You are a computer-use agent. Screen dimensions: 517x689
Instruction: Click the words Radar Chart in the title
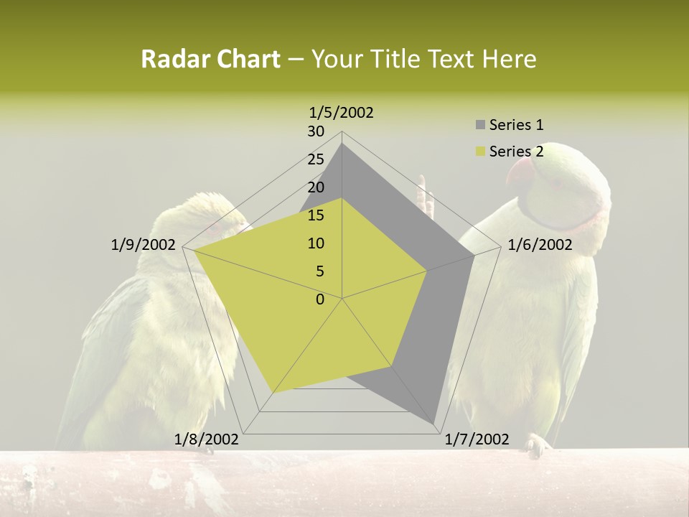[210, 59]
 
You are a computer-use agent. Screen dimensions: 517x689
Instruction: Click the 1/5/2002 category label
[342, 112]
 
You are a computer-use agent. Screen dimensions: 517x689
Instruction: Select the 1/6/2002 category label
[540, 245]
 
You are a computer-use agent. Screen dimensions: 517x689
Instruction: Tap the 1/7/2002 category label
[477, 439]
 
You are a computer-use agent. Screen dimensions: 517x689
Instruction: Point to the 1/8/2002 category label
[207, 439]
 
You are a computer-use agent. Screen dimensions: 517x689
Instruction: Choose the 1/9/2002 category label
[144, 245]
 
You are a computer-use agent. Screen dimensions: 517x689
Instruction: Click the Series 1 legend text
[516, 125]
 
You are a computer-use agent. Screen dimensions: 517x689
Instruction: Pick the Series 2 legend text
[516, 152]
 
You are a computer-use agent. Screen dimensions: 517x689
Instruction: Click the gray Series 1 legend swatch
[480, 126]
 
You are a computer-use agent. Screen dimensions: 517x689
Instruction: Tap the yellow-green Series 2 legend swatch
[480, 152]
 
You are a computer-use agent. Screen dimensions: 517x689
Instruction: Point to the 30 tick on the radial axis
[316, 131]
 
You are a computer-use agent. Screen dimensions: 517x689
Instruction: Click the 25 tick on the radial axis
[316, 159]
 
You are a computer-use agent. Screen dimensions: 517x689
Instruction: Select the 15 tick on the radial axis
[316, 215]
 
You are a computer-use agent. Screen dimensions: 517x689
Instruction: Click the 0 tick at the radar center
[320, 299]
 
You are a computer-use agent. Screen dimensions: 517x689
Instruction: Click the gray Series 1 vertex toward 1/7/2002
[433, 424]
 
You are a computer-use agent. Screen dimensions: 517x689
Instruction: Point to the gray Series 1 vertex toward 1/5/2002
[342, 144]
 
